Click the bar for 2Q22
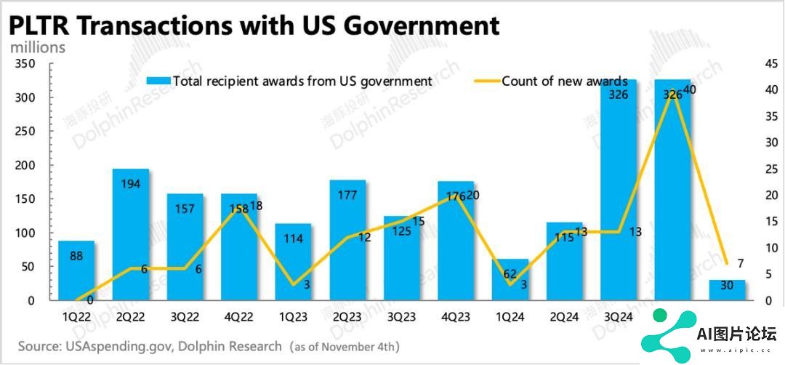[x=131, y=234]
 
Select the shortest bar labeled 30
[x=727, y=290]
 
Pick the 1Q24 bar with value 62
[x=510, y=280]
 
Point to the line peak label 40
[x=690, y=89]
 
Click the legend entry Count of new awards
[x=559, y=81]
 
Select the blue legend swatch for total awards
[x=158, y=81]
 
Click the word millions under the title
[x=37, y=47]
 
